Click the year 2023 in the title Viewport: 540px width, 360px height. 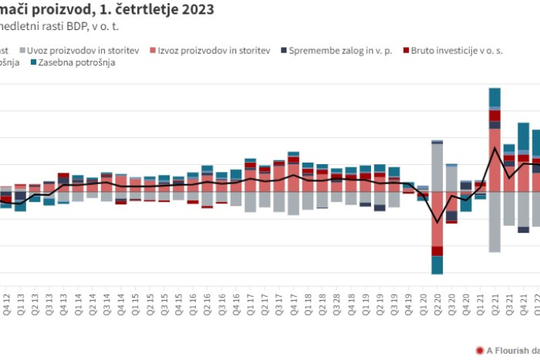point(196,10)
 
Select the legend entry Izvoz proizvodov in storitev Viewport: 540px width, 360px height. point(214,51)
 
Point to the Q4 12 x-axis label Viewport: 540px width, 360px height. point(6,301)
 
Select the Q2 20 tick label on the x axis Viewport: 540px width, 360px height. point(437,301)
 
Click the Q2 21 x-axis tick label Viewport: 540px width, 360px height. point(494,301)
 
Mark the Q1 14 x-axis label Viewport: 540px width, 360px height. point(78,301)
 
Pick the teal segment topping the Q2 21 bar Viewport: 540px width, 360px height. point(494,97)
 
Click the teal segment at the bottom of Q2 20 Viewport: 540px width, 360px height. point(437,264)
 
